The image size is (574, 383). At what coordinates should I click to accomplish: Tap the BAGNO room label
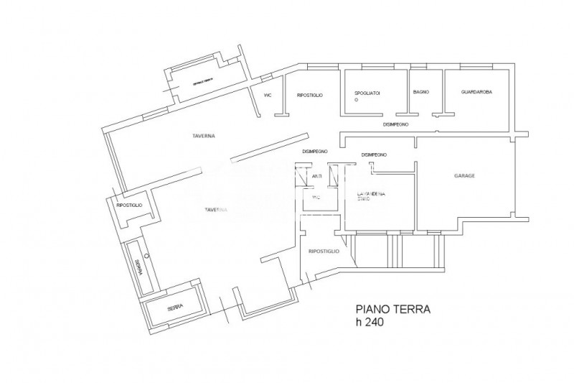point(421,93)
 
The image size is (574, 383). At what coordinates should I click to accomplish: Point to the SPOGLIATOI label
point(367,94)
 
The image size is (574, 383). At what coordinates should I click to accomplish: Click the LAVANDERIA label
point(372,194)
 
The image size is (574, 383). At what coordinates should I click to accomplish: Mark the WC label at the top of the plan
point(268,94)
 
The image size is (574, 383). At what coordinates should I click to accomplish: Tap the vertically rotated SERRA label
point(137,267)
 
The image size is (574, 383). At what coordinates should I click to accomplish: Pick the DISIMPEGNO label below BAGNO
point(395,124)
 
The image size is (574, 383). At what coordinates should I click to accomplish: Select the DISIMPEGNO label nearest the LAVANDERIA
point(375,154)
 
